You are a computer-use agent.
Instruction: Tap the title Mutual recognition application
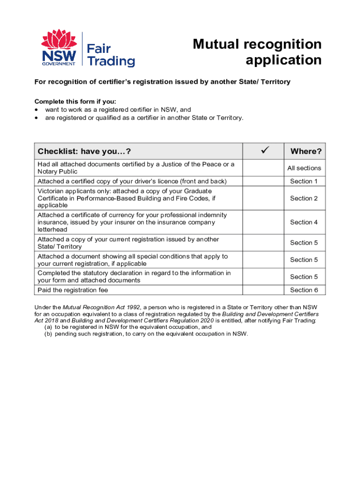257,52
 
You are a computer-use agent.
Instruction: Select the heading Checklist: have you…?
84,152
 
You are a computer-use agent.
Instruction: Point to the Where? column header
306,152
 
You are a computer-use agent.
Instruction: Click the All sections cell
304,168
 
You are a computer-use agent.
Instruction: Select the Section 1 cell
304,181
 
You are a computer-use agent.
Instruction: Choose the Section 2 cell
304,198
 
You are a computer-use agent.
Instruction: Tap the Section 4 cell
304,222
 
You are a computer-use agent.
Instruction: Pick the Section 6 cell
304,290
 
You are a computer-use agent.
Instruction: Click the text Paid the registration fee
72,290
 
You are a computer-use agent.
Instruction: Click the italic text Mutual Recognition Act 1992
101,307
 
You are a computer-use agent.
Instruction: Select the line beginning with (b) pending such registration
146,334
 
